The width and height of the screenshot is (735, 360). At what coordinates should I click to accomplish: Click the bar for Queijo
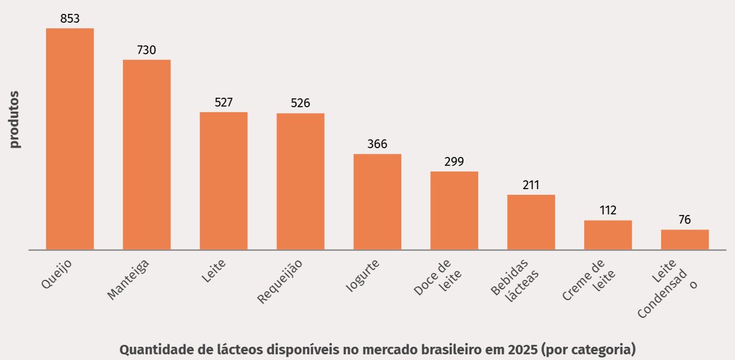(70, 139)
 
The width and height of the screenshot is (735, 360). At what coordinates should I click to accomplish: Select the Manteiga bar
(146, 154)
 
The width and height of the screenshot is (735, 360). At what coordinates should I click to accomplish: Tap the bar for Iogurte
(377, 202)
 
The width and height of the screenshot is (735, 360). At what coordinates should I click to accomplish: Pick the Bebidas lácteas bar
(531, 222)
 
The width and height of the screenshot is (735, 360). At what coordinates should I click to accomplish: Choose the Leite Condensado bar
(685, 240)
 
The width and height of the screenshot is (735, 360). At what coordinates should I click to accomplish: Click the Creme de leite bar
(608, 235)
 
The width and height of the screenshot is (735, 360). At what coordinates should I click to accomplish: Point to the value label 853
(70, 19)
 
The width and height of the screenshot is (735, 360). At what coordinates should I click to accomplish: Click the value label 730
(146, 50)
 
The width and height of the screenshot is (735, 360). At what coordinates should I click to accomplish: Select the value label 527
(224, 103)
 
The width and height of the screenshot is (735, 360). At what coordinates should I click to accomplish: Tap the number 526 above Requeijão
(300, 103)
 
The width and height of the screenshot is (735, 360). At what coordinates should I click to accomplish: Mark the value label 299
(454, 162)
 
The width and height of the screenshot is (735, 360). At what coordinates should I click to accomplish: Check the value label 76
(685, 220)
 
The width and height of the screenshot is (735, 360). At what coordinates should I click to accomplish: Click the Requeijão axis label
(281, 281)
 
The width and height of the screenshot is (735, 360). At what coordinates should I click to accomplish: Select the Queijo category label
(57, 272)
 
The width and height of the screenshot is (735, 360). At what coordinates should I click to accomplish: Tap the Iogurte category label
(363, 276)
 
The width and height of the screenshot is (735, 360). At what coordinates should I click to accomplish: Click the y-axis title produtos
(15, 120)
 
